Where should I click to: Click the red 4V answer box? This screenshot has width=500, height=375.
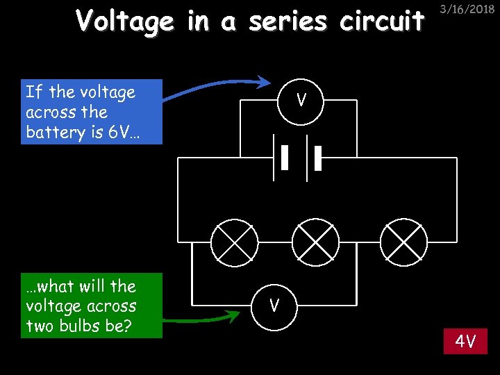466,342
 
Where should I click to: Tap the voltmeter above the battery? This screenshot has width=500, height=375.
301,101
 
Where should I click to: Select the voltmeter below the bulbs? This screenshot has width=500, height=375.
275,304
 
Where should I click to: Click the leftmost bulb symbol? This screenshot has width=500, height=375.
235,242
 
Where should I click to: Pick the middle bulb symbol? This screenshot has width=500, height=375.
315,242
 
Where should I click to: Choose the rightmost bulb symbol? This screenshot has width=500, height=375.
403,242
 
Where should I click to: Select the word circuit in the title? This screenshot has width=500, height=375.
382,21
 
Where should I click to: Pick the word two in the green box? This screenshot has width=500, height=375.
38,326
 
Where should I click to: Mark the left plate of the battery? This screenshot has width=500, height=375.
285,158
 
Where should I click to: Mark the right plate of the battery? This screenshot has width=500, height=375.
318,158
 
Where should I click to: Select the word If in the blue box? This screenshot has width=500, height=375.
32,92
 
